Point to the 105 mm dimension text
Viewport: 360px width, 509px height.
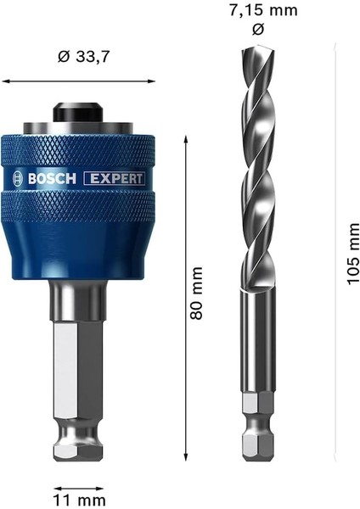point(351,253)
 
